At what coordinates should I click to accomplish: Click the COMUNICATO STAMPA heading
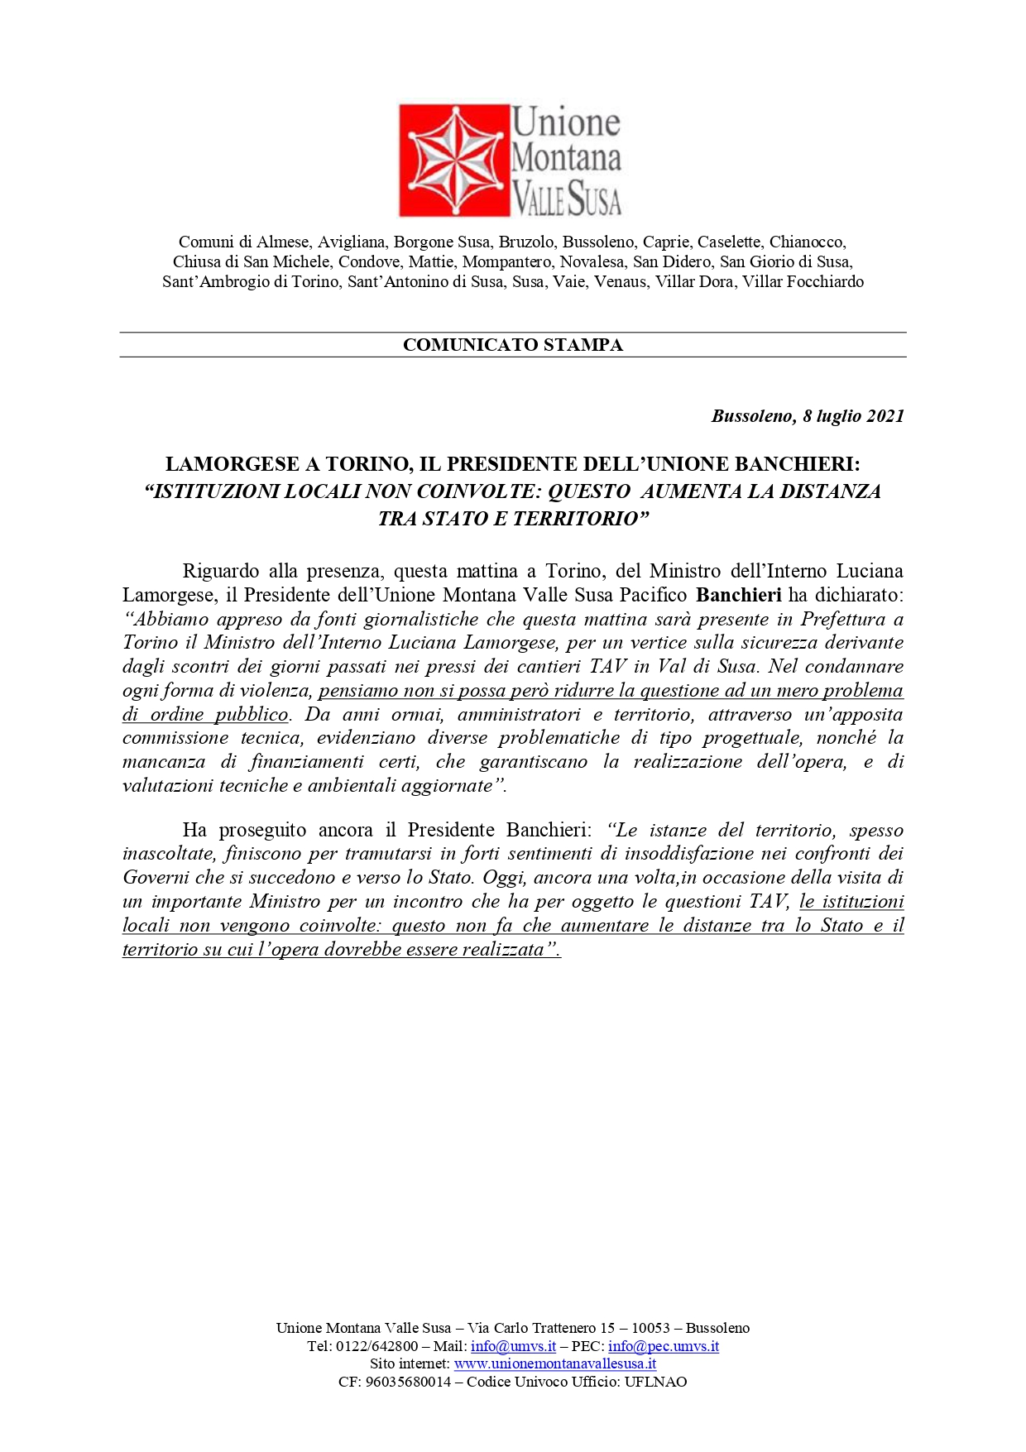coord(512,345)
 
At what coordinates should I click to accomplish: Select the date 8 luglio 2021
coord(853,415)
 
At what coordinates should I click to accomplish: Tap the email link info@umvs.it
coord(513,1346)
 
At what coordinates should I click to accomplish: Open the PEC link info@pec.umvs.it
coord(663,1346)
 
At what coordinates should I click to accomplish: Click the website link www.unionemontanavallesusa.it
coord(554,1363)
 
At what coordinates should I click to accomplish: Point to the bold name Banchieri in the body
coord(739,595)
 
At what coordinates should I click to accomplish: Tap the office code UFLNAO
coord(655,1382)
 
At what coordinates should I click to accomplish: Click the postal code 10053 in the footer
coord(650,1328)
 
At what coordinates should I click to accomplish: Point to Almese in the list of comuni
coord(283,242)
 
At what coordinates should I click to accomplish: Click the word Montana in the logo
coord(566,158)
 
